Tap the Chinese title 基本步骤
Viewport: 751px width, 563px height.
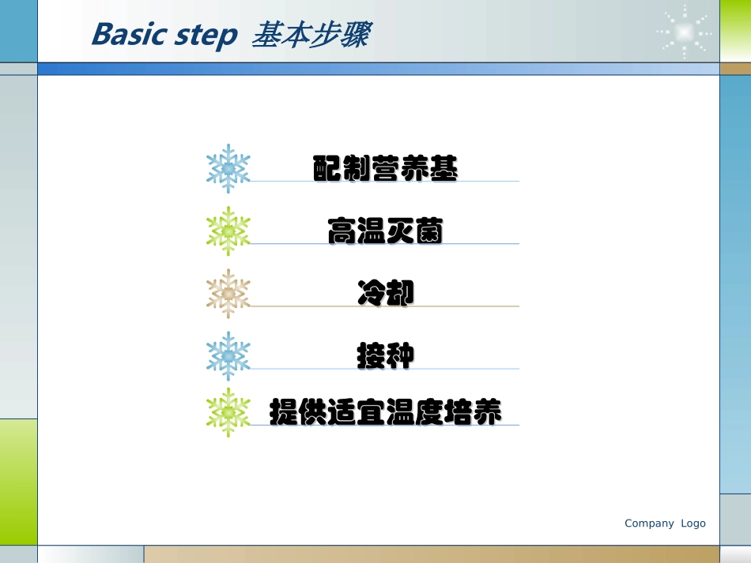(x=309, y=35)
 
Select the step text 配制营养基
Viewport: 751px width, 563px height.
(x=385, y=169)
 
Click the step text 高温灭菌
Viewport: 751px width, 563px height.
(x=385, y=231)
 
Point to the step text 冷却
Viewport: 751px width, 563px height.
(x=385, y=294)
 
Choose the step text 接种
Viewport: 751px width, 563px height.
(x=385, y=356)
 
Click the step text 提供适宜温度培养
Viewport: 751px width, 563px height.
(x=385, y=412)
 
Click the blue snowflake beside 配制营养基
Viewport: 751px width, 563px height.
(x=228, y=169)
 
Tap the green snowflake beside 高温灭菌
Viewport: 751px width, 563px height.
(x=228, y=231)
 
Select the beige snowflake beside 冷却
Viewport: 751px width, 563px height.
(x=228, y=294)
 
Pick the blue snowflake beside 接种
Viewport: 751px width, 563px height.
(x=228, y=356)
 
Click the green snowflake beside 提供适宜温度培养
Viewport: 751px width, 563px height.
(x=228, y=412)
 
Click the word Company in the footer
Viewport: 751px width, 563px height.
(x=649, y=524)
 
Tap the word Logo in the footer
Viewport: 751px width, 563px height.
(x=693, y=524)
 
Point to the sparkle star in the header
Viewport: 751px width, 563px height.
(x=684, y=32)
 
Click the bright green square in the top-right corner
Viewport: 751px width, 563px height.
(x=735, y=31)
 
